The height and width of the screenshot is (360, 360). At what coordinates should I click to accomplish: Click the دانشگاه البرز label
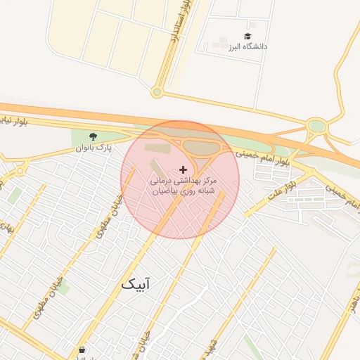247,47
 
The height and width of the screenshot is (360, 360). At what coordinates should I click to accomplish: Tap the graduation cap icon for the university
247,36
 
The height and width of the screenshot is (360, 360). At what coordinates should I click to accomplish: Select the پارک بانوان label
94,148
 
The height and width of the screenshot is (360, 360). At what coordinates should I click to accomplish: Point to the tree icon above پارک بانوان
94,136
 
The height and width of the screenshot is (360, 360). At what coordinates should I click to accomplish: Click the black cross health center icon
184,169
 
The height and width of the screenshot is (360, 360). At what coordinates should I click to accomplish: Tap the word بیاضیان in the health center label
166,191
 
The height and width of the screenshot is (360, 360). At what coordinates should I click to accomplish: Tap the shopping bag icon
82,349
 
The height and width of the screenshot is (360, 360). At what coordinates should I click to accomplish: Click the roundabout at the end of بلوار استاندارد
157,91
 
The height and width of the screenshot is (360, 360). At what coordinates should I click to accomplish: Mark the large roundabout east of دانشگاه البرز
317,127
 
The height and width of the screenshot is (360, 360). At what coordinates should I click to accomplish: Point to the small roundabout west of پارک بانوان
21,169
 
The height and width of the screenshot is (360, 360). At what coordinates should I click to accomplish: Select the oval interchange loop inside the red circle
200,147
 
